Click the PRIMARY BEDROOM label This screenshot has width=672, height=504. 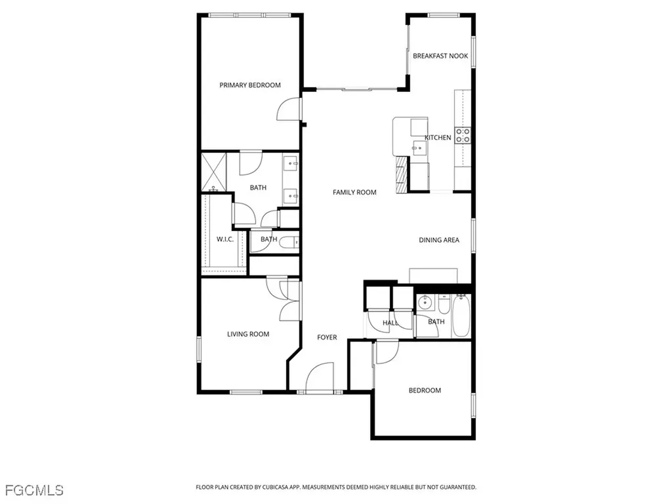click(250, 85)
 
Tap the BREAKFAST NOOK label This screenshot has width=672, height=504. click(440, 56)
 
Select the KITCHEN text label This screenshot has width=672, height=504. click(438, 138)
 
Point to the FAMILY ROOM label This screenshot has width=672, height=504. click(354, 192)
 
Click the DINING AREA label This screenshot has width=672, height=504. click(439, 240)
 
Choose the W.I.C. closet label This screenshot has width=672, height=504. click(225, 240)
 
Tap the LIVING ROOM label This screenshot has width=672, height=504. click(248, 334)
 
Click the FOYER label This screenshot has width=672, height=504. click(327, 337)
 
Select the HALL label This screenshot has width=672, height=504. click(390, 323)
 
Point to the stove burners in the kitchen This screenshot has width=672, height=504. click(463, 135)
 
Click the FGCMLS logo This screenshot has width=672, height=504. click(34, 490)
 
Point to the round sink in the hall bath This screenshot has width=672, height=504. click(424, 303)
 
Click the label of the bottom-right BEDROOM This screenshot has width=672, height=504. click(425, 390)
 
